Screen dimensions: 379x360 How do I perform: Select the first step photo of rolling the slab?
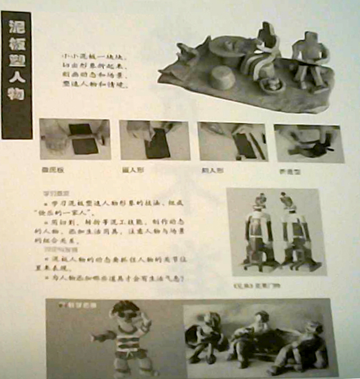click(75, 139)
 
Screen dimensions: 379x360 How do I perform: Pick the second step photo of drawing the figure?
click(154, 140)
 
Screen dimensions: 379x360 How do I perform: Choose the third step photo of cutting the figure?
click(232, 141)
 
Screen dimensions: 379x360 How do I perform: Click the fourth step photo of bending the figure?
click(308, 143)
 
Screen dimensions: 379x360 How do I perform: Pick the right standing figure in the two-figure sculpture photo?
click(294, 232)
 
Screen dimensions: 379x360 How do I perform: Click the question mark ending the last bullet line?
click(182, 277)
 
